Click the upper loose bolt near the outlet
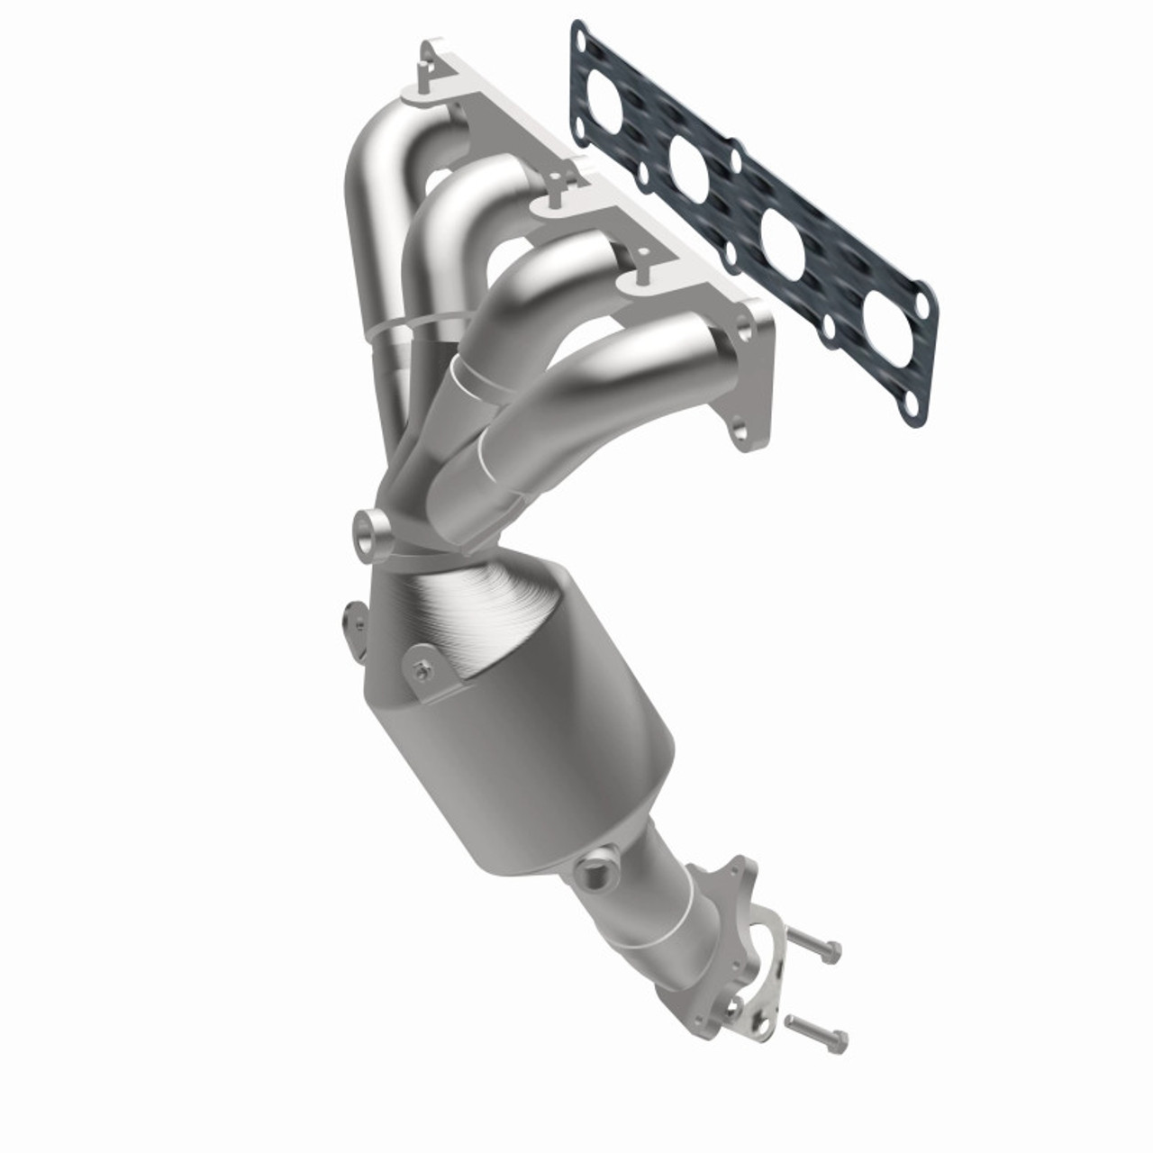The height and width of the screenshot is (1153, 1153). [815, 946]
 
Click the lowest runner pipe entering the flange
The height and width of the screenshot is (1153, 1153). [622, 378]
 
